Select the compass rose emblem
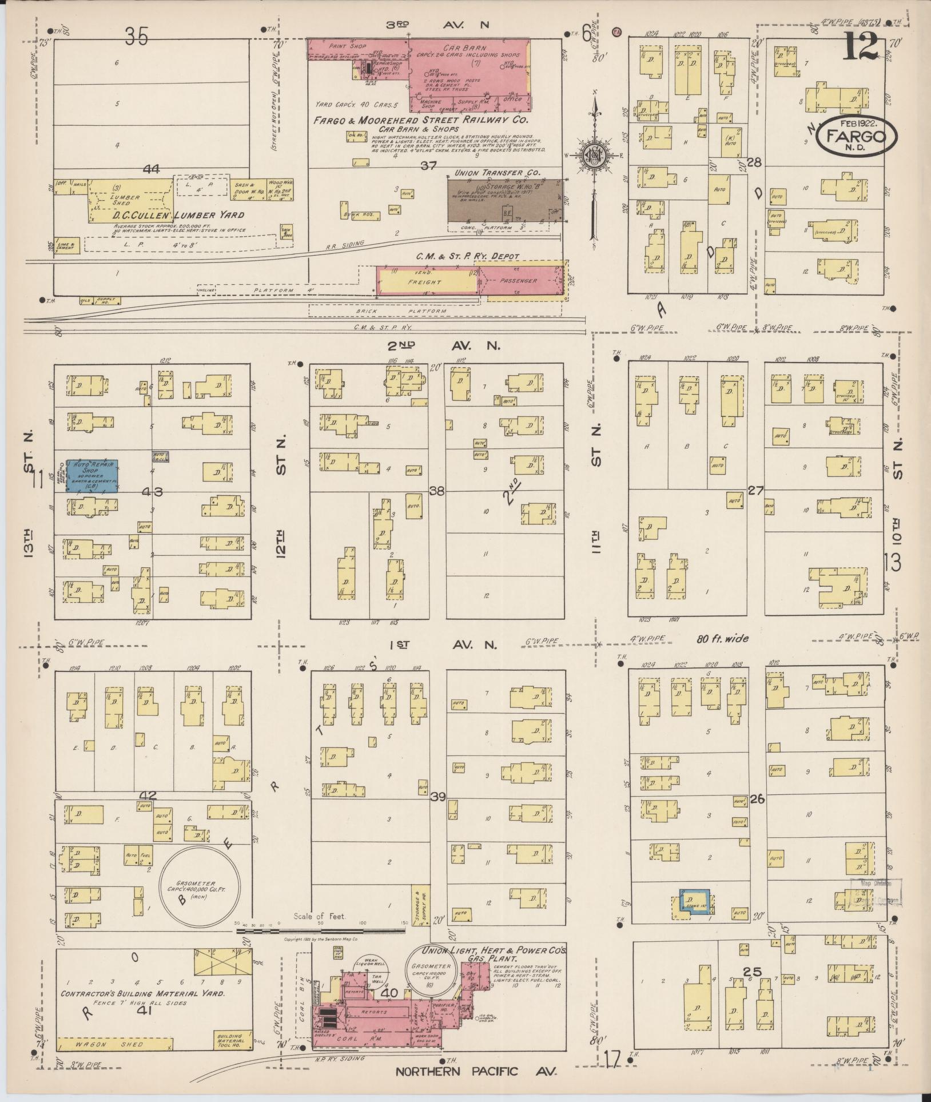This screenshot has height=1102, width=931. (595, 155)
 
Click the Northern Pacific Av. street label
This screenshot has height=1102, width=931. (476, 1071)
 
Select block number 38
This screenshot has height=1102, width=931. (437, 491)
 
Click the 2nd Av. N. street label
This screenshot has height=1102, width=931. (445, 345)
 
